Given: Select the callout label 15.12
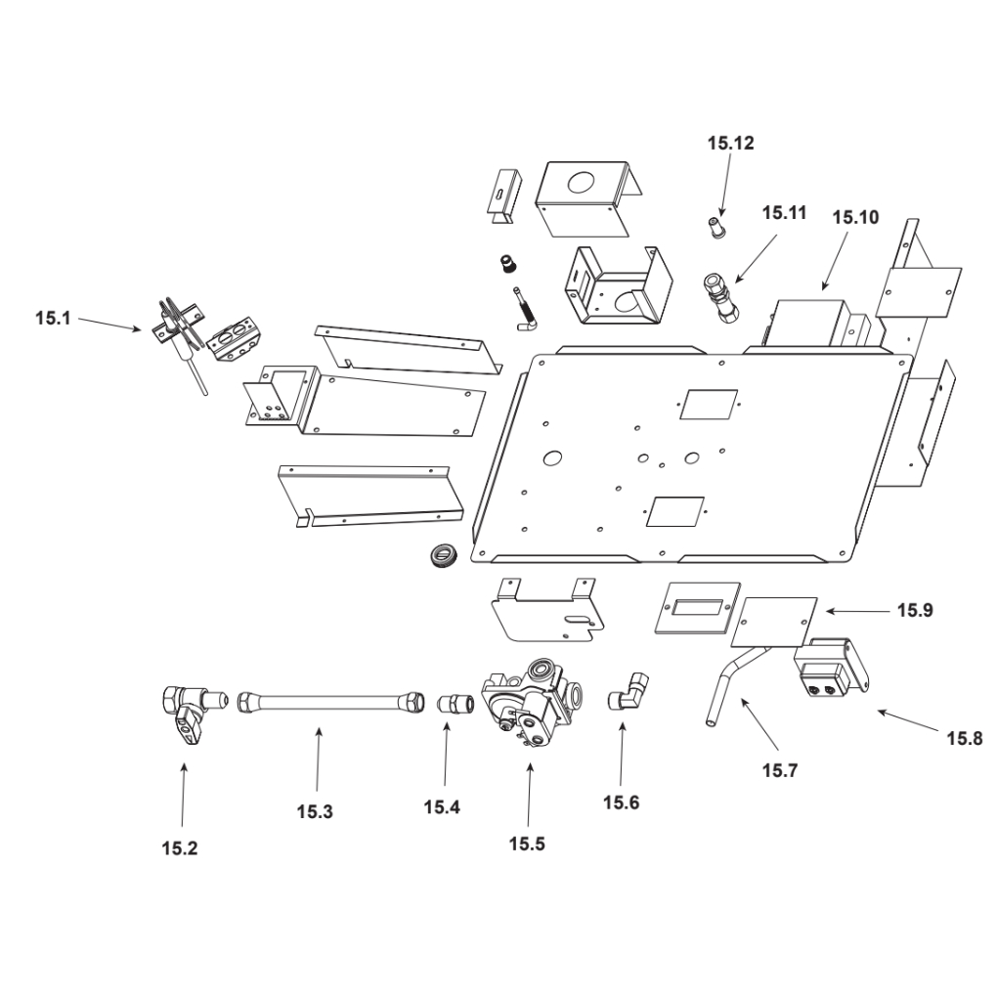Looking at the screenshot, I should pyautogui.click(x=731, y=144).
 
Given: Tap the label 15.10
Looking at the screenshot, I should pyautogui.click(x=855, y=217).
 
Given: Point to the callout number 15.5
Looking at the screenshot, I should pyautogui.click(x=527, y=845).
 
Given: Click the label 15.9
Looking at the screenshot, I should pyautogui.click(x=915, y=611).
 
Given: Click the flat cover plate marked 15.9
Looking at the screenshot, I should pyautogui.click(x=774, y=622).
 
